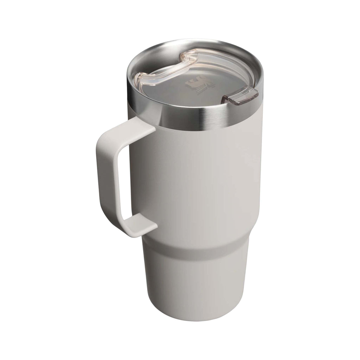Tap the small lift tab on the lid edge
[x=240, y=98]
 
